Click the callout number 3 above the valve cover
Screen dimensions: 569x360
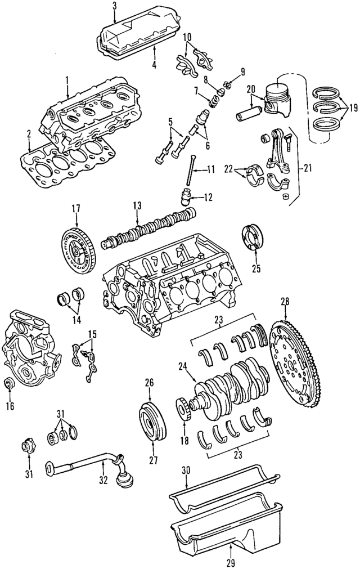tap(114, 6)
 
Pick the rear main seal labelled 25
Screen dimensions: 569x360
tap(255, 237)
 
